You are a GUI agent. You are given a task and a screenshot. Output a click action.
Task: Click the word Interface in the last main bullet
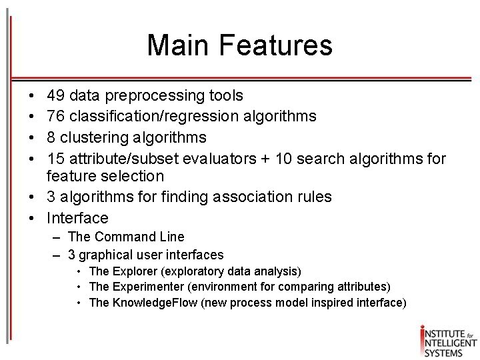77,217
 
